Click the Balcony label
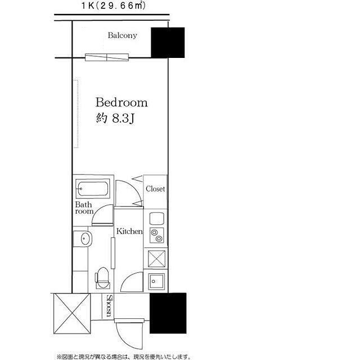123,35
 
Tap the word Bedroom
121,102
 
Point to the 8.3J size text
123,119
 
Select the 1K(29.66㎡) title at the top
114,6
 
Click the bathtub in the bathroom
93,189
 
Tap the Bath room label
84,208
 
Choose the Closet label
155,189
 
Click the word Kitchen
129,231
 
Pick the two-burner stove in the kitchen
157,235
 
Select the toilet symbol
102,278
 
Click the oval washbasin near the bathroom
85,238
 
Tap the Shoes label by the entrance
110,306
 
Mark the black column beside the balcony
168,43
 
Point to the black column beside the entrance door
168,313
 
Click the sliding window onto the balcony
107,57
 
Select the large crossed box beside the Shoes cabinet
72,313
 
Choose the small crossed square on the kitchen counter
156,259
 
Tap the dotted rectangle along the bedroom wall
76,114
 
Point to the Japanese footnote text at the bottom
124,357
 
